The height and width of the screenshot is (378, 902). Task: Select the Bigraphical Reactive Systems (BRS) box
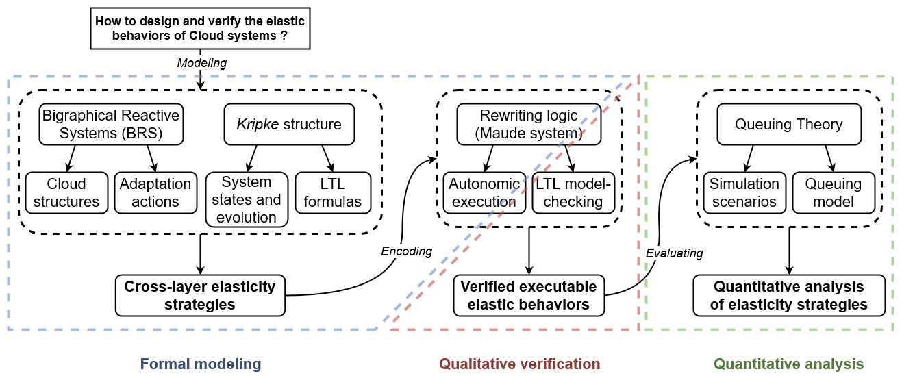tap(111, 124)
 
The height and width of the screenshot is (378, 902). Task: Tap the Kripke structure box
tap(289, 124)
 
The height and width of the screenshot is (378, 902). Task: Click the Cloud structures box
tap(66, 192)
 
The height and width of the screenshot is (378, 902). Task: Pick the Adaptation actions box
tap(155, 192)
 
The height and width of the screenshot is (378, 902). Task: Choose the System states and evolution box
tap(247, 199)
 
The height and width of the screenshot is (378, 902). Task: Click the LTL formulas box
tap(333, 192)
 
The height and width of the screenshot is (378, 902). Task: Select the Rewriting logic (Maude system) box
tap(529, 124)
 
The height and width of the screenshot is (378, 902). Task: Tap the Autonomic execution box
tap(484, 192)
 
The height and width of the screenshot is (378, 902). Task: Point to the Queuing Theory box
tap(788, 124)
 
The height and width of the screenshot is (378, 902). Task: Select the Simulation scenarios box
tap(744, 192)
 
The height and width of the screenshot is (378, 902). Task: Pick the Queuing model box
tap(833, 192)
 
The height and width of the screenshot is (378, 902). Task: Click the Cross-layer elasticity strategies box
tap(199, 294)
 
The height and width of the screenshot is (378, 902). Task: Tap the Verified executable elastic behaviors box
tap(529, 294)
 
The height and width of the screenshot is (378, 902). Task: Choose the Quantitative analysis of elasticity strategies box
tap(788, 294)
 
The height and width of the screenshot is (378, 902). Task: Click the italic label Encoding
tap(406, 251)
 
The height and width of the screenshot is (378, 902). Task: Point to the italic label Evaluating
tap(675, 253)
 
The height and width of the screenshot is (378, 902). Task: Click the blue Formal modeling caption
tap(201, 364)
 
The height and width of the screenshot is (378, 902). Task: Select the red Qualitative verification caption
tap(519, 364)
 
